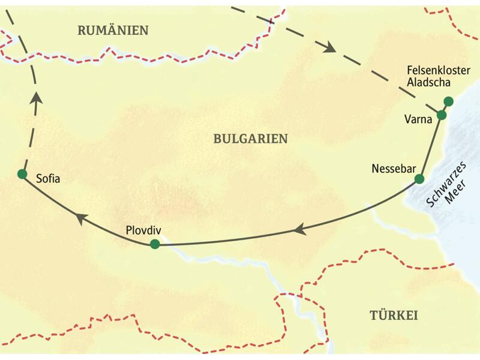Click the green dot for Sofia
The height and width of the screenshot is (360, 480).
(x=22, y=174)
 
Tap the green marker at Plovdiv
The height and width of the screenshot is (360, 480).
(x=155, y=244)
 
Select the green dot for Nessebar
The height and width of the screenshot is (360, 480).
(x=419, y=179)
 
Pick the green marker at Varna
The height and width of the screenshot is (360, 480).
(x=442, y=115)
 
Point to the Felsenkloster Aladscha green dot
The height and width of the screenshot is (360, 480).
(x=448, y=101)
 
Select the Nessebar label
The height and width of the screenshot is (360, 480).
(x=393, y=168)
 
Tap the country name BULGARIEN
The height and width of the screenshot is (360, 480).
(x=250, y=139)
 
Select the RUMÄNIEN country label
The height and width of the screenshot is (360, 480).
(x=113, y=31)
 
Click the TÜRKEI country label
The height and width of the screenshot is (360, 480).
(x=393, y=316)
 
